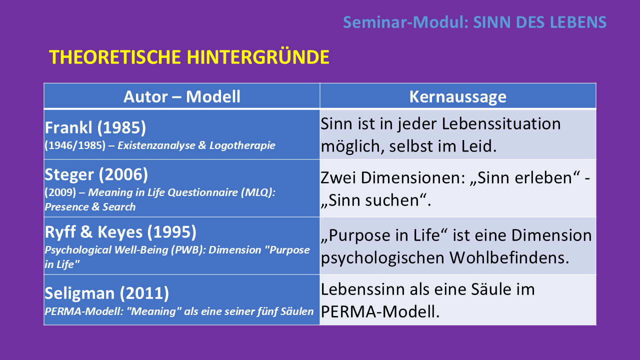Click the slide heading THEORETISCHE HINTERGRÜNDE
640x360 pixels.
189,57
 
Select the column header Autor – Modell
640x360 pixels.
181,96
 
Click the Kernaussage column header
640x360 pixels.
457,97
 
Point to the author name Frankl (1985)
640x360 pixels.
95,127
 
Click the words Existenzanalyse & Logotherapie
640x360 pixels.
196,145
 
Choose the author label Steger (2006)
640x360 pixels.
96,174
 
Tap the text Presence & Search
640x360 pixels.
90,206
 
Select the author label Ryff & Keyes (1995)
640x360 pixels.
120,232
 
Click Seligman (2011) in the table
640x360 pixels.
107,293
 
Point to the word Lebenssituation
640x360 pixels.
501,124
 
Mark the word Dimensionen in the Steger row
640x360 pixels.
412,177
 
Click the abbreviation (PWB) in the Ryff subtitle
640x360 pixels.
188,250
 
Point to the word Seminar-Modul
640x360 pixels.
405,22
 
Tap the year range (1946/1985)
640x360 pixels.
75,145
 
